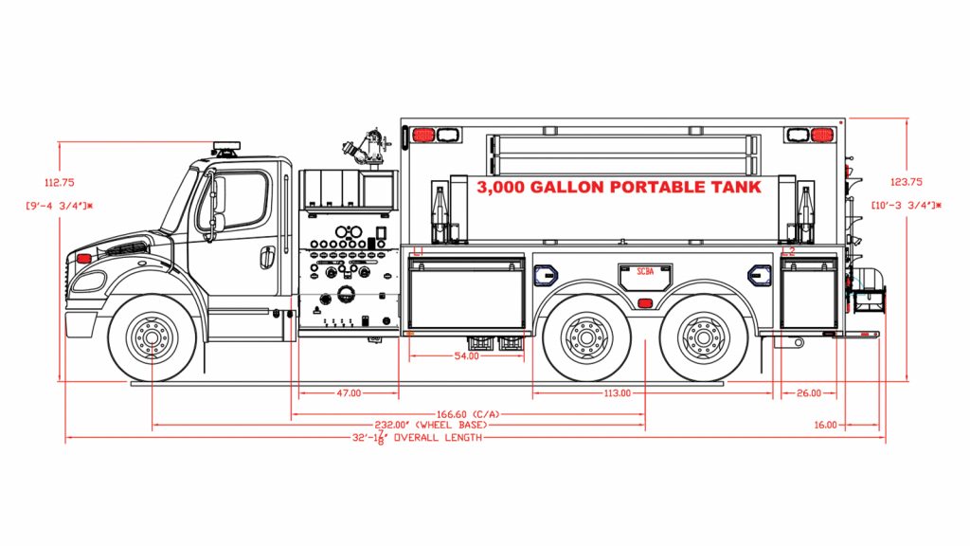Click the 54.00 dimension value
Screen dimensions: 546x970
pos(466,356)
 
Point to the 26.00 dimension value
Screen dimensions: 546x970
pos(808,392)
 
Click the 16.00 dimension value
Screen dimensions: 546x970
pos(825,425)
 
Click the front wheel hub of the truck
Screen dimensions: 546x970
pos(152,336)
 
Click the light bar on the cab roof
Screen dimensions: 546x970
pos(226,147)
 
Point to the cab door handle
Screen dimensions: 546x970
pos(268,256)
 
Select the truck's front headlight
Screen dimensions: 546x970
pos(89,281)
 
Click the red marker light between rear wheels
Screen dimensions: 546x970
pos(644,303)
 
